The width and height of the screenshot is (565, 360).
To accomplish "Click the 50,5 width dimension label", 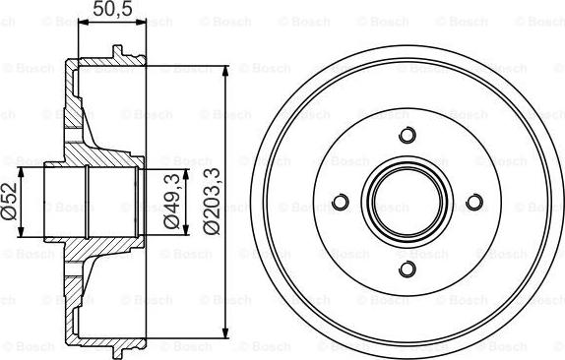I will tap(111, 12).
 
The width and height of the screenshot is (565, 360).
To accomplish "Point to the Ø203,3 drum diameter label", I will tap(211, 202).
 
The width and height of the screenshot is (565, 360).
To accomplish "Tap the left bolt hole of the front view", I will tap(341, 203).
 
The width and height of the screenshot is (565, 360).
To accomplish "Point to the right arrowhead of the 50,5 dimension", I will tap(142, 28).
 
